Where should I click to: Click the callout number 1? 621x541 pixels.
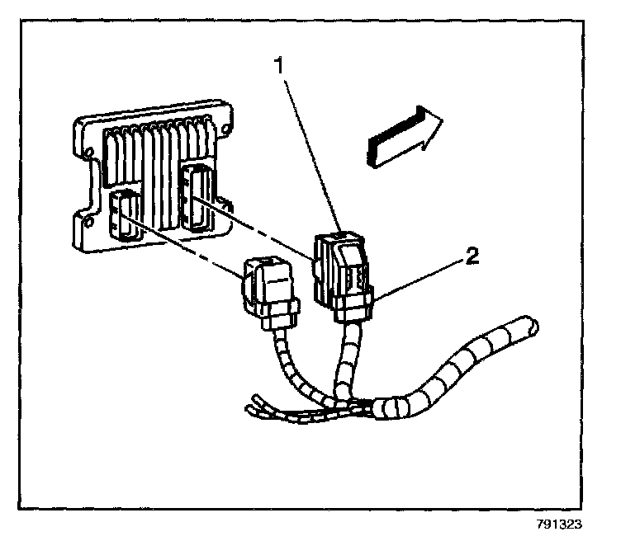pos(280,65)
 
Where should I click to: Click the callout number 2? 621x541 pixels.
pos(472,256)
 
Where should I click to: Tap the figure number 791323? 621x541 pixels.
pos(559,525)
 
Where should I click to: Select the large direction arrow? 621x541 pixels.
pos(404,137)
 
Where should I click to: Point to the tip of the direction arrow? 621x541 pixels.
pos(443,119)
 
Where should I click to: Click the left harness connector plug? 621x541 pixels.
pos(271,294)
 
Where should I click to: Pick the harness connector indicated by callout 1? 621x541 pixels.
pos(343,277)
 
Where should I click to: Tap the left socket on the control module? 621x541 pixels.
pos(124,215)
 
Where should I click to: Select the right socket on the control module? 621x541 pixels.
pos(197,198)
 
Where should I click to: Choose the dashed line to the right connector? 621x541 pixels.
pos(254,229)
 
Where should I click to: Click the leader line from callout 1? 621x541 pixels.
pos(310,155)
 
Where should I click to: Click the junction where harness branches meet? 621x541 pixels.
pos(353,404)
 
